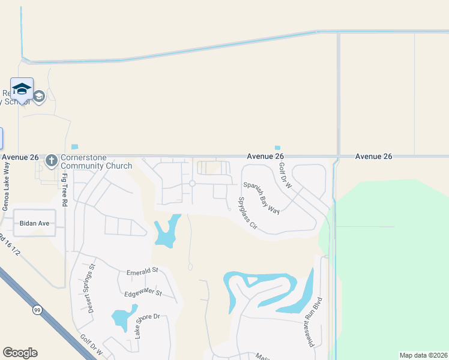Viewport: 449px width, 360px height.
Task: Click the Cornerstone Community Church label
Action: [96, 161]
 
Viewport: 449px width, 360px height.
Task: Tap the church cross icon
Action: [51, 161]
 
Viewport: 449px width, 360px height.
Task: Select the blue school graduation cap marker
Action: [22, 89]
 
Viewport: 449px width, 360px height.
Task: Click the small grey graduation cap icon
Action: [39, 96]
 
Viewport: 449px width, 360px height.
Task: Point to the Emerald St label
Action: [142, 272]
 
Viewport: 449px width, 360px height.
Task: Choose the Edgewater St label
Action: [142, 293]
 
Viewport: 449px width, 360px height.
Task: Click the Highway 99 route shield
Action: [37, 310]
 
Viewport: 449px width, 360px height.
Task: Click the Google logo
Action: [20, 353]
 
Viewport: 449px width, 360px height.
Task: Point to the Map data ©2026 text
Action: [423, 355]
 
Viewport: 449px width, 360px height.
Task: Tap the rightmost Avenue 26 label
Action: [373, 156]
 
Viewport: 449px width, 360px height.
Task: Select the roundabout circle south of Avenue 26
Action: [192, 184]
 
